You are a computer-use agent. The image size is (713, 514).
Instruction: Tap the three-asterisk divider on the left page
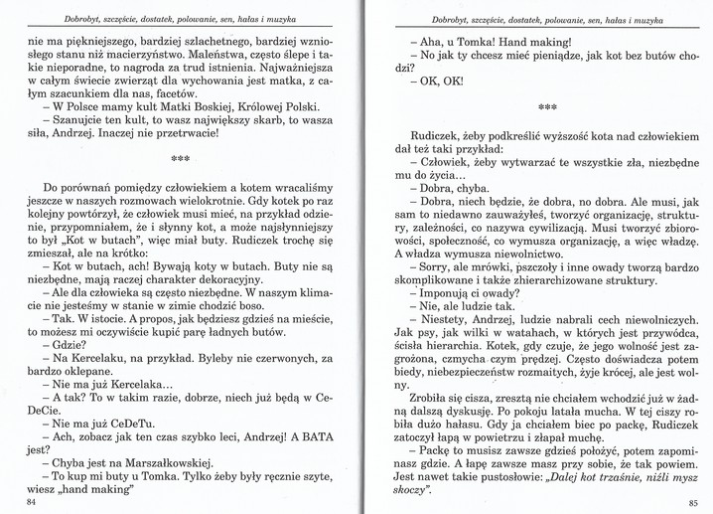pyautogui.click(x=180, y=157)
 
